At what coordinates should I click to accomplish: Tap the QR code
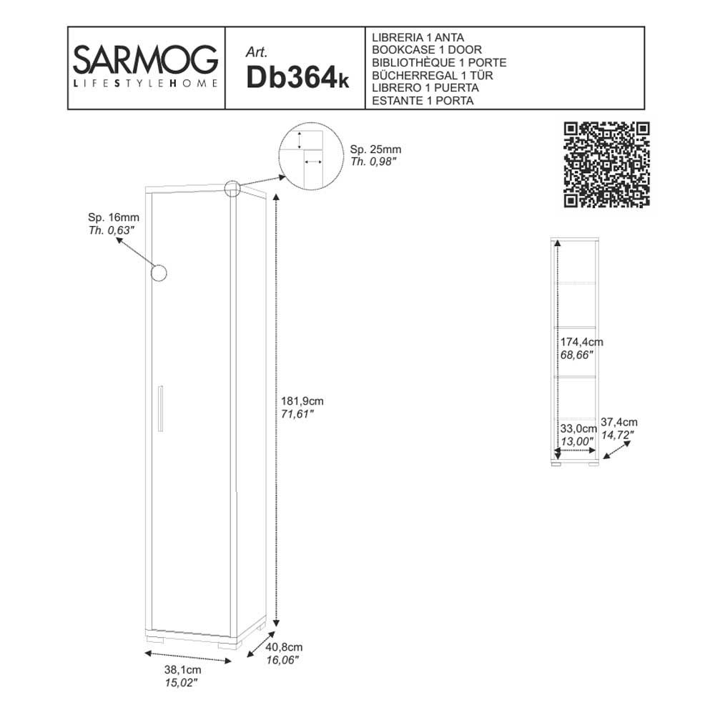(x=607, y=164)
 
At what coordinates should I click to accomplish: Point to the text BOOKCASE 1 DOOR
(x=427, y=49)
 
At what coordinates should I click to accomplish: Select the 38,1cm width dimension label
(x=183, y=670)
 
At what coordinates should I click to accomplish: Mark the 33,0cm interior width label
(x=577, y=429)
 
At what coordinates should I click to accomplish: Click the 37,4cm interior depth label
(x=619, y=422)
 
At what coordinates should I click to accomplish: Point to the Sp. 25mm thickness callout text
(x=375, y=149)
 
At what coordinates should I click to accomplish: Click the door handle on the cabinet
(x=162, y=409)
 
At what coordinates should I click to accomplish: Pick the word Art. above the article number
(x=256, y=51)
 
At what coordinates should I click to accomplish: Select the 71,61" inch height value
(x=299, y=414)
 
